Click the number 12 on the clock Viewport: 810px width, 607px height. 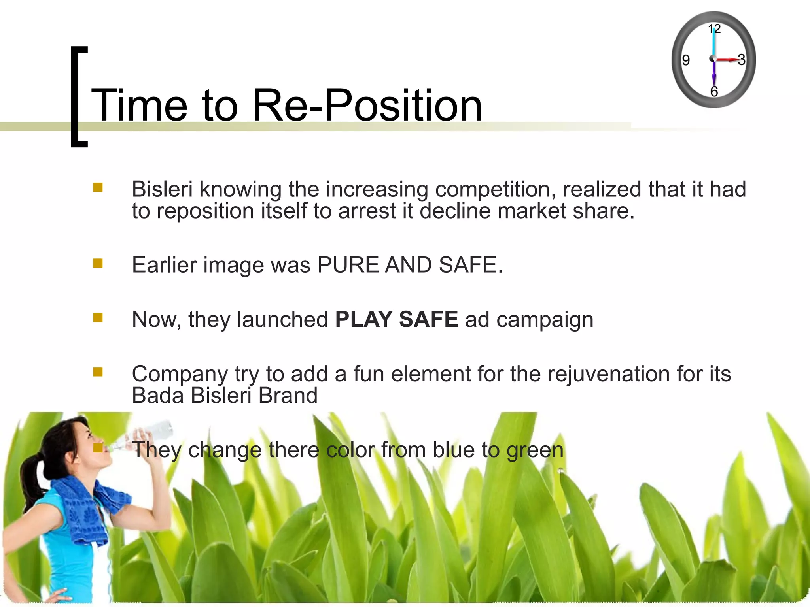(x=714, y=28)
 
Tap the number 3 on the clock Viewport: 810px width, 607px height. (x=741, y=60)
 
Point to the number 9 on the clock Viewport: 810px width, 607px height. (x=686, y=60)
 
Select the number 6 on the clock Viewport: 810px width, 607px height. (x=714, y=91)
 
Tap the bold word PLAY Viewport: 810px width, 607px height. (x=363, y=319)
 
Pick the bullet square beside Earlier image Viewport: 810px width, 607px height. (x=98, y=263)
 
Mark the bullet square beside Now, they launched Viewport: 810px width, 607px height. (x=98, y=318)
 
